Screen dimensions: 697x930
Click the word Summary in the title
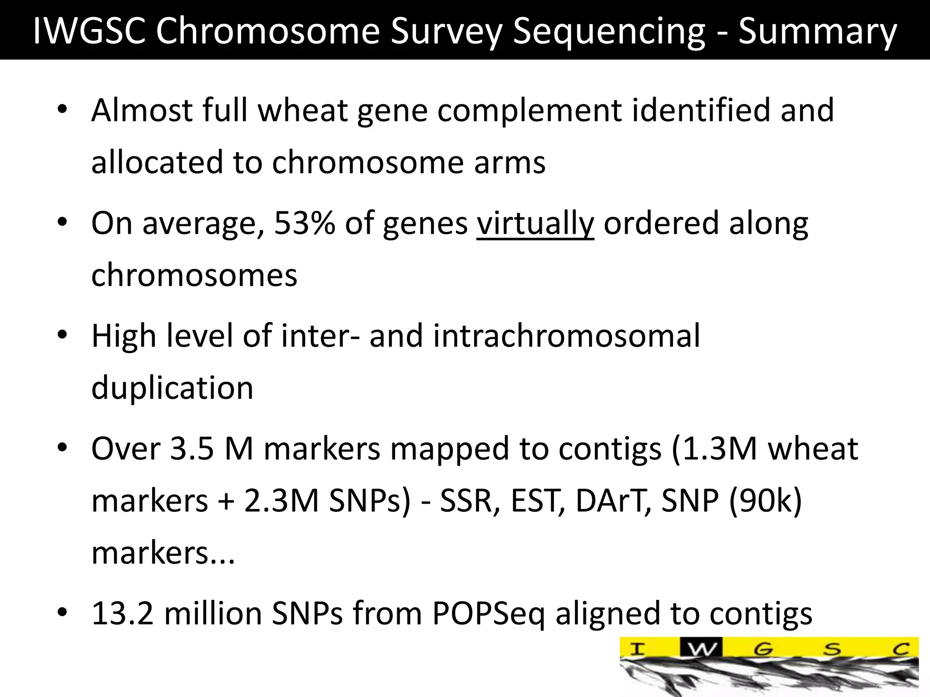[817, 31]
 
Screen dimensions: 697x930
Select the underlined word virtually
[535, 223]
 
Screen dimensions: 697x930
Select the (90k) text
[766, 501]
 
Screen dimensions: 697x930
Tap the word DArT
[613, 501]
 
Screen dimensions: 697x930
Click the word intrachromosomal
[566, 336]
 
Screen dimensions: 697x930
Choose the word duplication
[172, 388]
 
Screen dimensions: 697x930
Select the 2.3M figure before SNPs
[282, 501]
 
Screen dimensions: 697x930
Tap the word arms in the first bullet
[510, 162]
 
